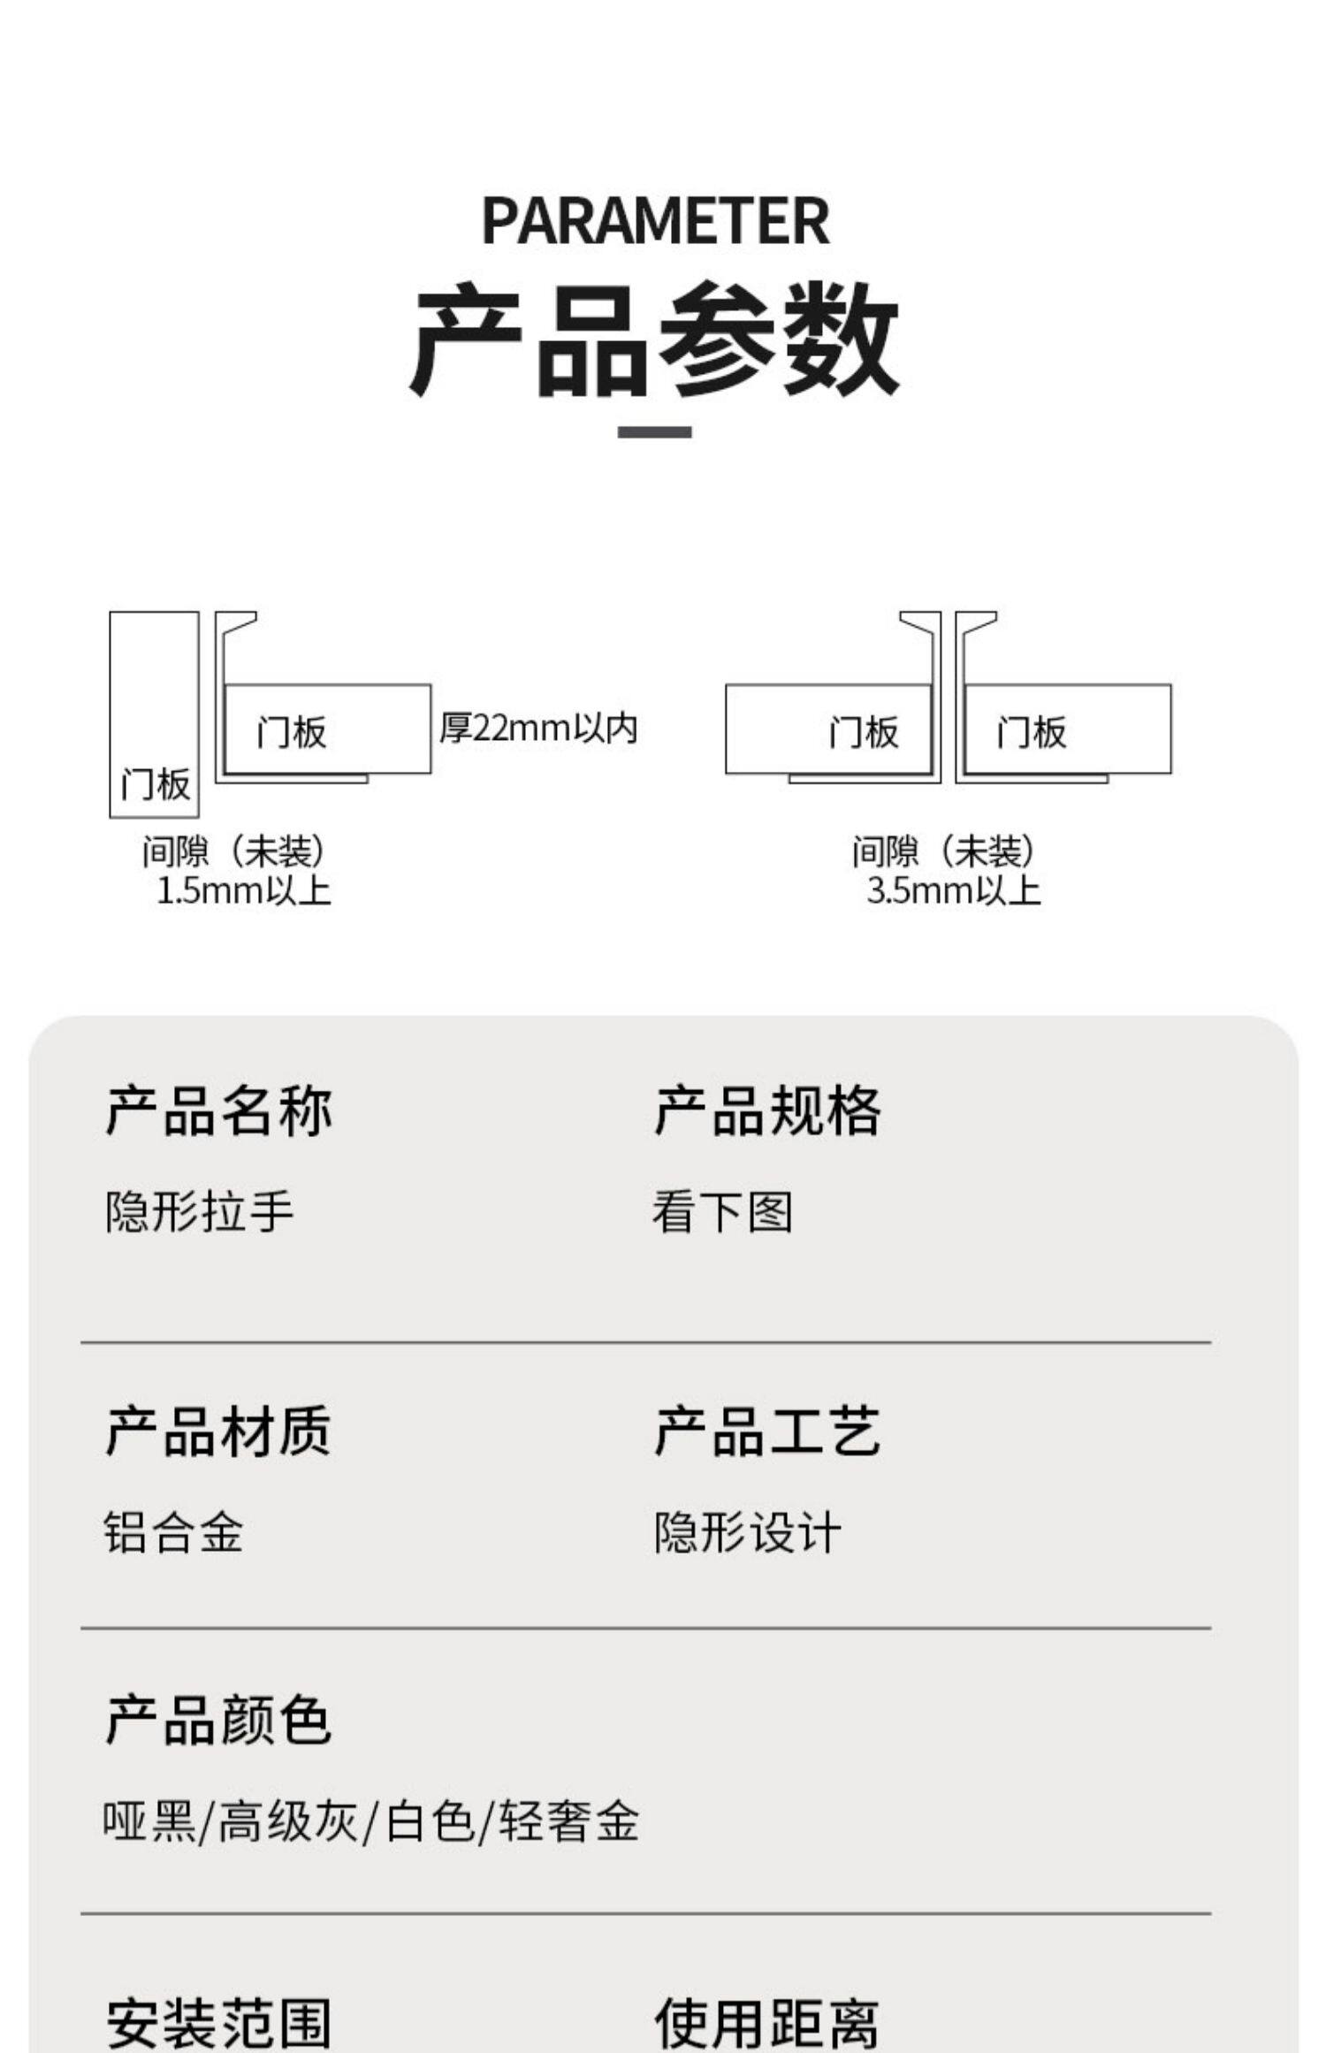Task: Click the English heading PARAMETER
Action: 655,221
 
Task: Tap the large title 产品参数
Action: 655,339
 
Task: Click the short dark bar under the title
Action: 654,432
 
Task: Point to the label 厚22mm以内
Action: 538,729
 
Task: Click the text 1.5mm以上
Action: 243,890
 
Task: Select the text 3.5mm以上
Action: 953,890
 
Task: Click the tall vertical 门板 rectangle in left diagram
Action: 154,714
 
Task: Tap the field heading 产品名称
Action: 218,1110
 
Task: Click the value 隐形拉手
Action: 199,1211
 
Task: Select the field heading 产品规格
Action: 767,1110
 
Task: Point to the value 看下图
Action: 722,1211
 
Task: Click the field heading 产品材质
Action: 218,1431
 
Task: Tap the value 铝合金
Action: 173,1532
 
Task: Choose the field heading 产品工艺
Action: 767,1431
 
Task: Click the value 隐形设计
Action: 747,1532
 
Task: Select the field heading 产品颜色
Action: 218,1720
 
